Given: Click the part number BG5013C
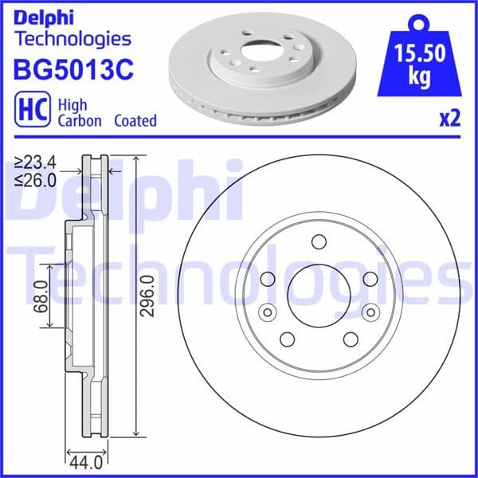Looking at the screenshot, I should point(72,69).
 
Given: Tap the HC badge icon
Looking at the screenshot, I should point(30,112).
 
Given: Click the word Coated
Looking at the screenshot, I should point(135,121).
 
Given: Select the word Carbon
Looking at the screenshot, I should point(80,121).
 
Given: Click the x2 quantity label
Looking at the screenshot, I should point(449,119).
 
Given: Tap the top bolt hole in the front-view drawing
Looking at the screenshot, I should point(319,241).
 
